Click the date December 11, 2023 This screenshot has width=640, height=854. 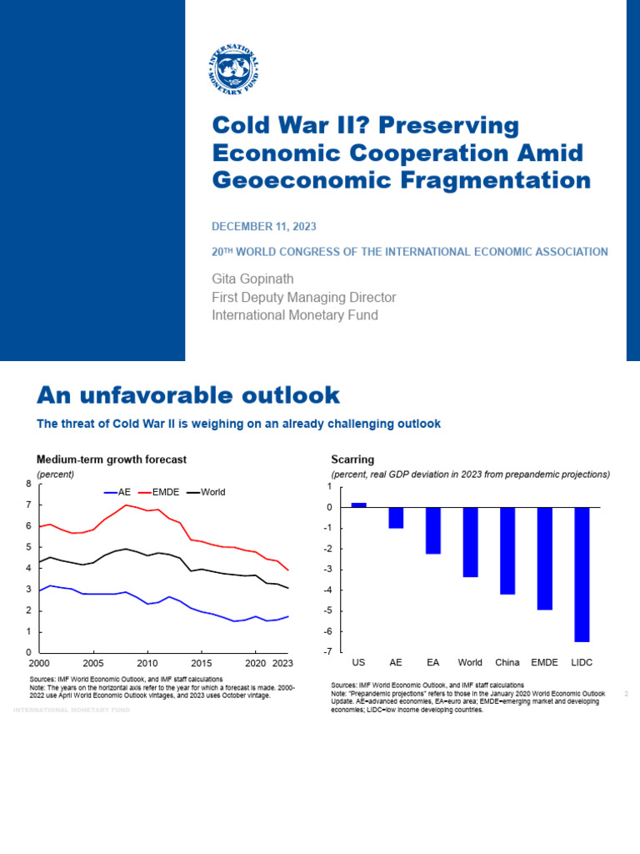(264, 227)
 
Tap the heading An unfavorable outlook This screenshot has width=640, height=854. (188, 394)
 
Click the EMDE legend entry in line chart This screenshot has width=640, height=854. (165, 492)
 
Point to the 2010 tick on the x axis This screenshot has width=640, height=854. (147, 663)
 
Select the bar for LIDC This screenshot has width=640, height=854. (581, 574)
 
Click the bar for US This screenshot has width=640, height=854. (358, 505)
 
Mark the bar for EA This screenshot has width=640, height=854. (432, 530)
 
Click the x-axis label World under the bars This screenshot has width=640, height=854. (470, 663)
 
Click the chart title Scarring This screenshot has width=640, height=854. (352, 460)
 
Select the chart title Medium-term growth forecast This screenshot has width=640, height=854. (111, 460)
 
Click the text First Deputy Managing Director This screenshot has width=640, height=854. (303, 298)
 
